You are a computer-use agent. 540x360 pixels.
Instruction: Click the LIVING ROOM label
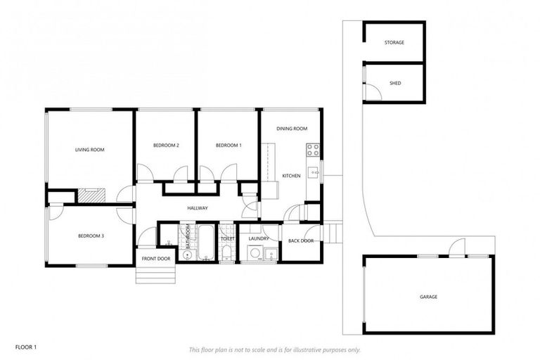pyautogui.click(x=90, y=150)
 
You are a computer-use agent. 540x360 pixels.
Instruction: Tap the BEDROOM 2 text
pyautogui.click(x=166, y=146)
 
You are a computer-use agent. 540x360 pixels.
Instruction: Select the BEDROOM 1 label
pyautogui.click(x=228, y=146)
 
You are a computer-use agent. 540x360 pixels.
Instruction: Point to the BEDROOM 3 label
pyautogui.click(x=91, y=236)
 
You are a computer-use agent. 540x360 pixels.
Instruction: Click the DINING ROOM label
pyautogui.click(x=292, y=129)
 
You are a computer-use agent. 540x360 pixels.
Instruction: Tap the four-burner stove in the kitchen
pyautogui.click(x=313, y=150)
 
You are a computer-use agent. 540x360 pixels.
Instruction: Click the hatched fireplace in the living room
pyautogui.click(x=90, y=195)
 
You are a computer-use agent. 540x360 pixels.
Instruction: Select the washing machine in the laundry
pyautogui.click(x=255, y=254)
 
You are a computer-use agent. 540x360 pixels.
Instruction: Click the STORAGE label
pyautogui.click(x=394, y=43)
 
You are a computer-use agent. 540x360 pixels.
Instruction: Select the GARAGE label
pyautogui.click(x=428, y=297)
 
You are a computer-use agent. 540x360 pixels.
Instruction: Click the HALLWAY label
pyautogui.click(x=197, y=208)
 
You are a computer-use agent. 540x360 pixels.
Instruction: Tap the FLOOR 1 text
pyautogui.click(x=25, y=347)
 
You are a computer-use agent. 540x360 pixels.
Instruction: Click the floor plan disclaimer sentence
pyautogui.click(x=275, y=349)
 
